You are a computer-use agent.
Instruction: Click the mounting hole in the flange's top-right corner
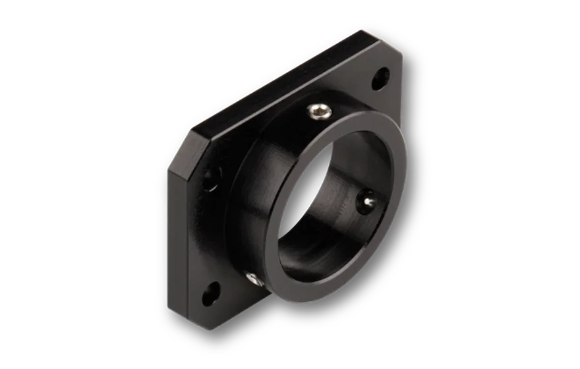[x=380, y=82]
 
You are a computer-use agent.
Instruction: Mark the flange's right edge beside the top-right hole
[x=400, y=92]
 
